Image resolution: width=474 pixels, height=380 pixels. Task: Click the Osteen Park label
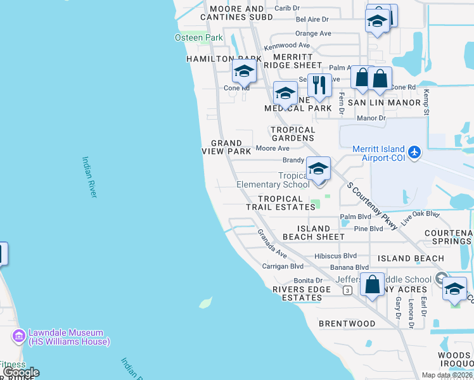(198, 38)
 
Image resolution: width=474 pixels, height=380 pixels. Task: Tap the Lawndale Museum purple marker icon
(18, 334)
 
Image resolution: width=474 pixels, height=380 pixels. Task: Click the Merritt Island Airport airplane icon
(414, 152)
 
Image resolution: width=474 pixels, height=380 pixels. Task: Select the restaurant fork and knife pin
(319, 84)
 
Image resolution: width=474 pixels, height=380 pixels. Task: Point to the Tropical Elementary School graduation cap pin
(318, 168)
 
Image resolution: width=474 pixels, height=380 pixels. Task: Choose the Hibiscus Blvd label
(336, 256)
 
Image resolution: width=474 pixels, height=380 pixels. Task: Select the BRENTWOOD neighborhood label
(347, 324)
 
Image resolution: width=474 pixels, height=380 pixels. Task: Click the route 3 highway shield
(347, 291)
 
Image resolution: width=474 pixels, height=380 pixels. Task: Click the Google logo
(20, 373)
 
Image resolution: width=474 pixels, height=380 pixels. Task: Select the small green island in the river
(205, 303)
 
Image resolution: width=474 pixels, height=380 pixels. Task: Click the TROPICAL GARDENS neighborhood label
(292, 134)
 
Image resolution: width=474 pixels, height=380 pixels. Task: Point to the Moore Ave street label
(272, 148)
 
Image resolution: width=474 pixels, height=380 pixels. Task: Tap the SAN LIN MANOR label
(385, 103)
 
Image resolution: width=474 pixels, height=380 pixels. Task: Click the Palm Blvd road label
(355, 217)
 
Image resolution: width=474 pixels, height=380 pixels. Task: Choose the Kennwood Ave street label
(287, 46)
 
